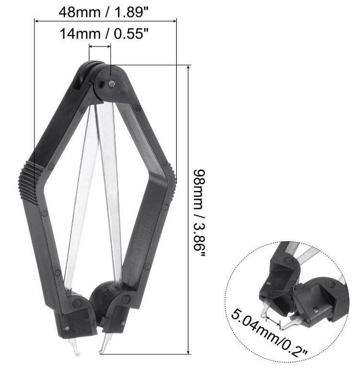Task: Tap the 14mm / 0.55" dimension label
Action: click(x=104, y=34)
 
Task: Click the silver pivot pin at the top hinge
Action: click(x=111, y=84)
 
